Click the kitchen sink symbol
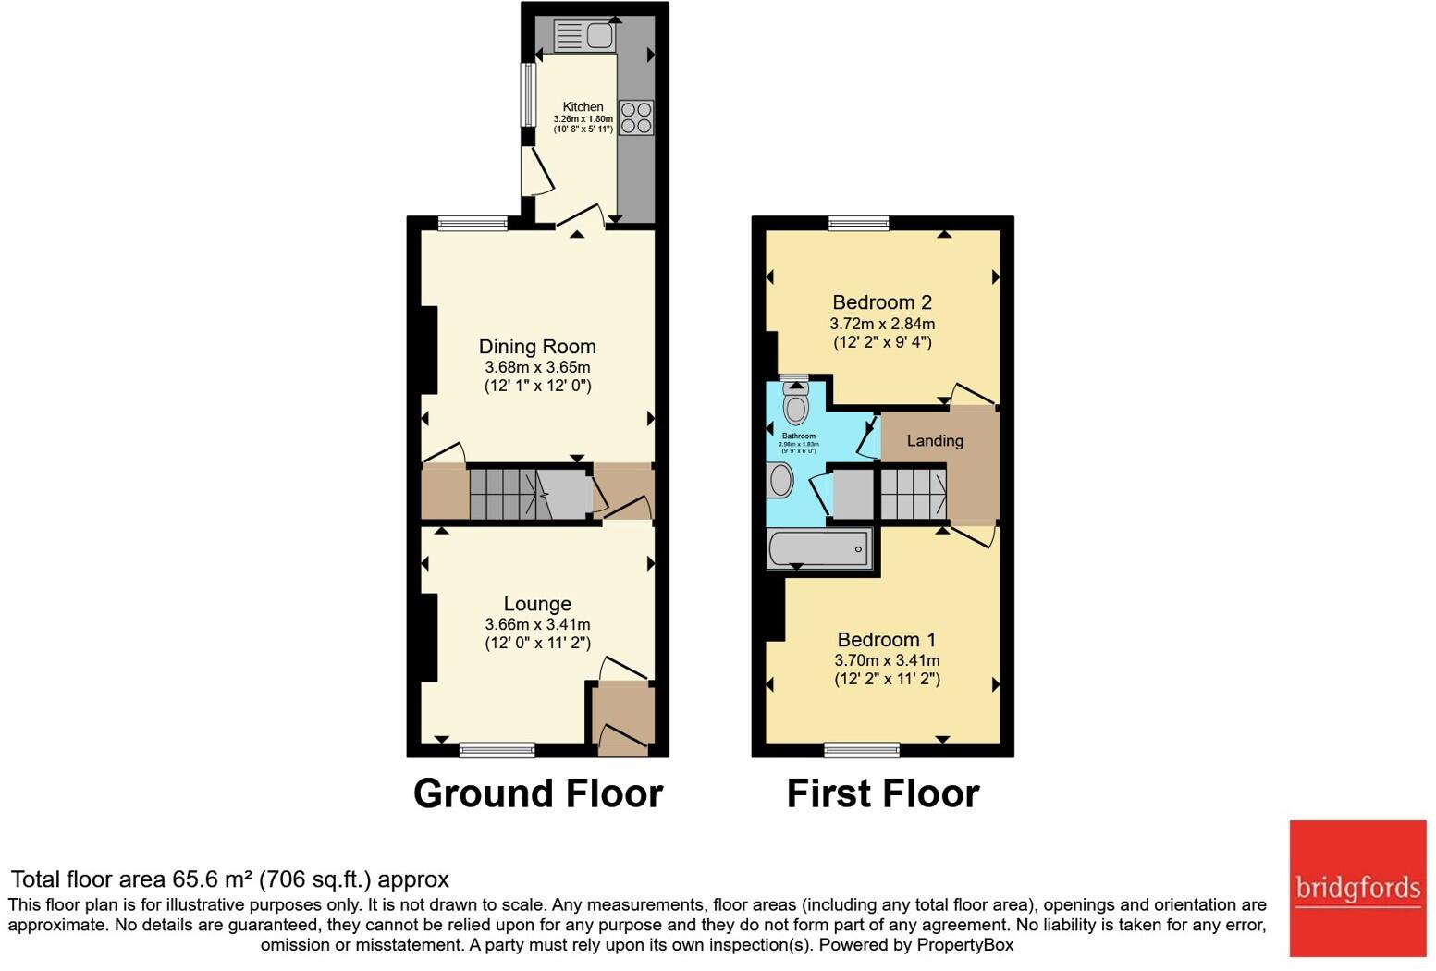pyautogui.click(x=583, y=36)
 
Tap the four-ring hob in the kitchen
pyautogui.click(x=636, y=117)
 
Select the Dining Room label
pyautogui.click(x=537, y=347)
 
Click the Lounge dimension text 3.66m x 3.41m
pyautogui.click(x=537, y=624)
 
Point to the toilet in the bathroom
pyautogui.click(x=794, y=403)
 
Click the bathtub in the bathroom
pyautogui.click(x=819, y=548)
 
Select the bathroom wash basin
pyautogui.click(x=779, y=481)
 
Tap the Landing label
pyautogui.click(x=935, y=441)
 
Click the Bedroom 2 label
pyautogui.click(x=882, y=302)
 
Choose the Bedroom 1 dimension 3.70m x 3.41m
pyautogui.click(x=887, y=660)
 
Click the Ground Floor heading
pyautogui.click(x=538, y=793)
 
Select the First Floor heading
pyautogui.click(x=883, y=793)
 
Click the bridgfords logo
pyautogui.click(x=1357, y=888)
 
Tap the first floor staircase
pyautogui.click(x=913, y=494)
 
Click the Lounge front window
pyautogui.click(x=497, y=750)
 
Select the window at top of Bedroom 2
pyautogui.click(x=859, y=222)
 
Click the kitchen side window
pyautogui.click(x=528, y=94)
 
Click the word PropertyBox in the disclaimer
pyautogui.click(x=964, y=945)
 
